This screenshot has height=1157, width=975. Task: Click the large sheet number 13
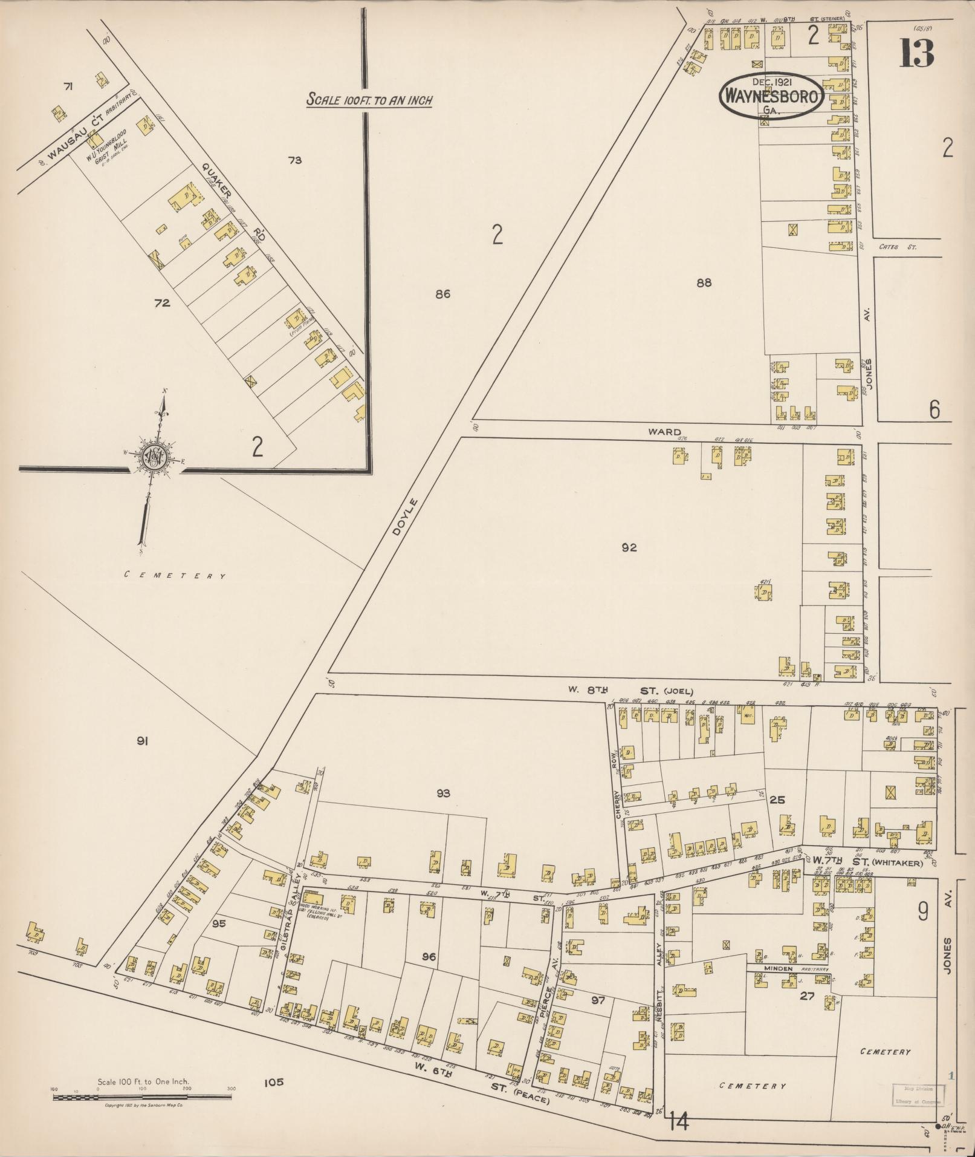tap(916, 53)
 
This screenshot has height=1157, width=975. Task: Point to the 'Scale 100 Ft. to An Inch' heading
tap(369, 100)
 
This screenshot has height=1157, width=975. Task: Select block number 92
tap(629, 548)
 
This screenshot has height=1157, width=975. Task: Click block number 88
tap(704, 282)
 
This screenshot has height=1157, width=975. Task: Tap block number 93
tap(444, 794)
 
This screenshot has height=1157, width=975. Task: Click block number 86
tap(443, 295)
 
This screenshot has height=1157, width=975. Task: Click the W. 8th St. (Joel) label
tap(629, 691)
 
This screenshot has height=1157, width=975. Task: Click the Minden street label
tap(778, 969)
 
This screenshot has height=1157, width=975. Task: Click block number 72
tap(163, 303)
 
